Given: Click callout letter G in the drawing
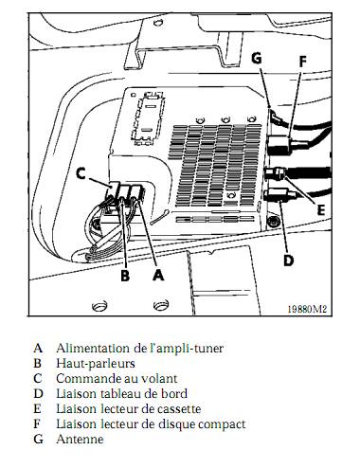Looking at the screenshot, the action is coord(257,58).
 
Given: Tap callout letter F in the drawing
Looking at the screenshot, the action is coord(302,62).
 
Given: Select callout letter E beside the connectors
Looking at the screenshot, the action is coord(320,209).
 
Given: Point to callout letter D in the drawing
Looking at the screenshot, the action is coord(288,261).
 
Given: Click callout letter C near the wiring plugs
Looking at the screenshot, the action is coord(81,173).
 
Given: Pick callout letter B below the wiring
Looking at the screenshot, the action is coord(125,275).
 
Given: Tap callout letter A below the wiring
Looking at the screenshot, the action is coord(158,275).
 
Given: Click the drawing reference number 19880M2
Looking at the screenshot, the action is coord(307,309).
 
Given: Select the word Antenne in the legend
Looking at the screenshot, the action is coord(80,439).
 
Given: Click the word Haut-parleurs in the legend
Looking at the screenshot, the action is coord(96,364).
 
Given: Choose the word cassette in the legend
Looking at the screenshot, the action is coord(178,409).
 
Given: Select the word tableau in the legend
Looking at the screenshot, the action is coord(120,393).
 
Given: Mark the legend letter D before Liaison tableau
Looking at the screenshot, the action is coord(38,393).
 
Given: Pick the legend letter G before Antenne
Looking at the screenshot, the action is coord(38,439).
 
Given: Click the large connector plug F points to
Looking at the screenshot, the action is coord(280,145).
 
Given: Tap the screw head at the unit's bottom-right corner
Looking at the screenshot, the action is coord(273,222).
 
